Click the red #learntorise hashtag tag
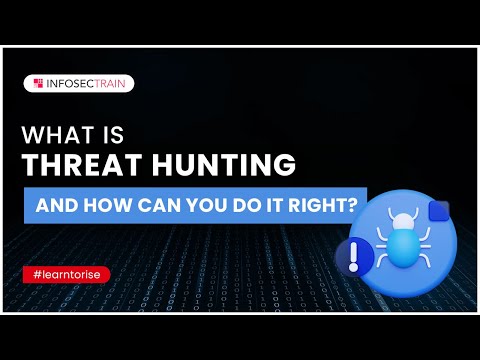click(66, 273)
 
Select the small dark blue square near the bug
click(437, 212)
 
